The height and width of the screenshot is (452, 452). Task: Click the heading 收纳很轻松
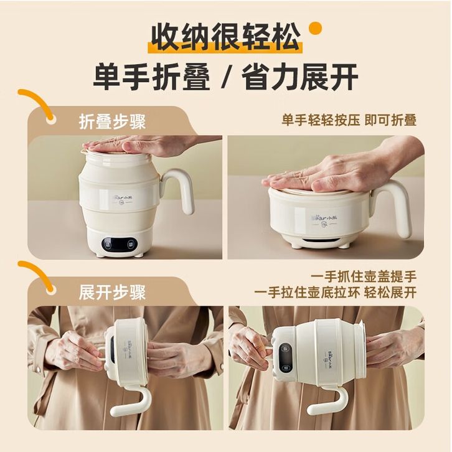point(226,37)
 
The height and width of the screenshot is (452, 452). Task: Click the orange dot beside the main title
point(315,29)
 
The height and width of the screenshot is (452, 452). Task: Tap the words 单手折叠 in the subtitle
point(152,77)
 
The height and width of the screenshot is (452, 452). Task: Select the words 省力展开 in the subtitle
point(300,77)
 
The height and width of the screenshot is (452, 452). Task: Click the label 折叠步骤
point(112,122)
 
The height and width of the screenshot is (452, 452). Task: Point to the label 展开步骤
point(112,293)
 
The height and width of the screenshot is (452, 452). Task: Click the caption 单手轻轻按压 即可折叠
point(349,120)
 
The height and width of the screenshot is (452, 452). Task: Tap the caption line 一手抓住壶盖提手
point(364,277)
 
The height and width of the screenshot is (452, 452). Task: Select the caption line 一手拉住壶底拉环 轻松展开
point(336,293)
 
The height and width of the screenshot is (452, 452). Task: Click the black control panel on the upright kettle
point(119,245)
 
